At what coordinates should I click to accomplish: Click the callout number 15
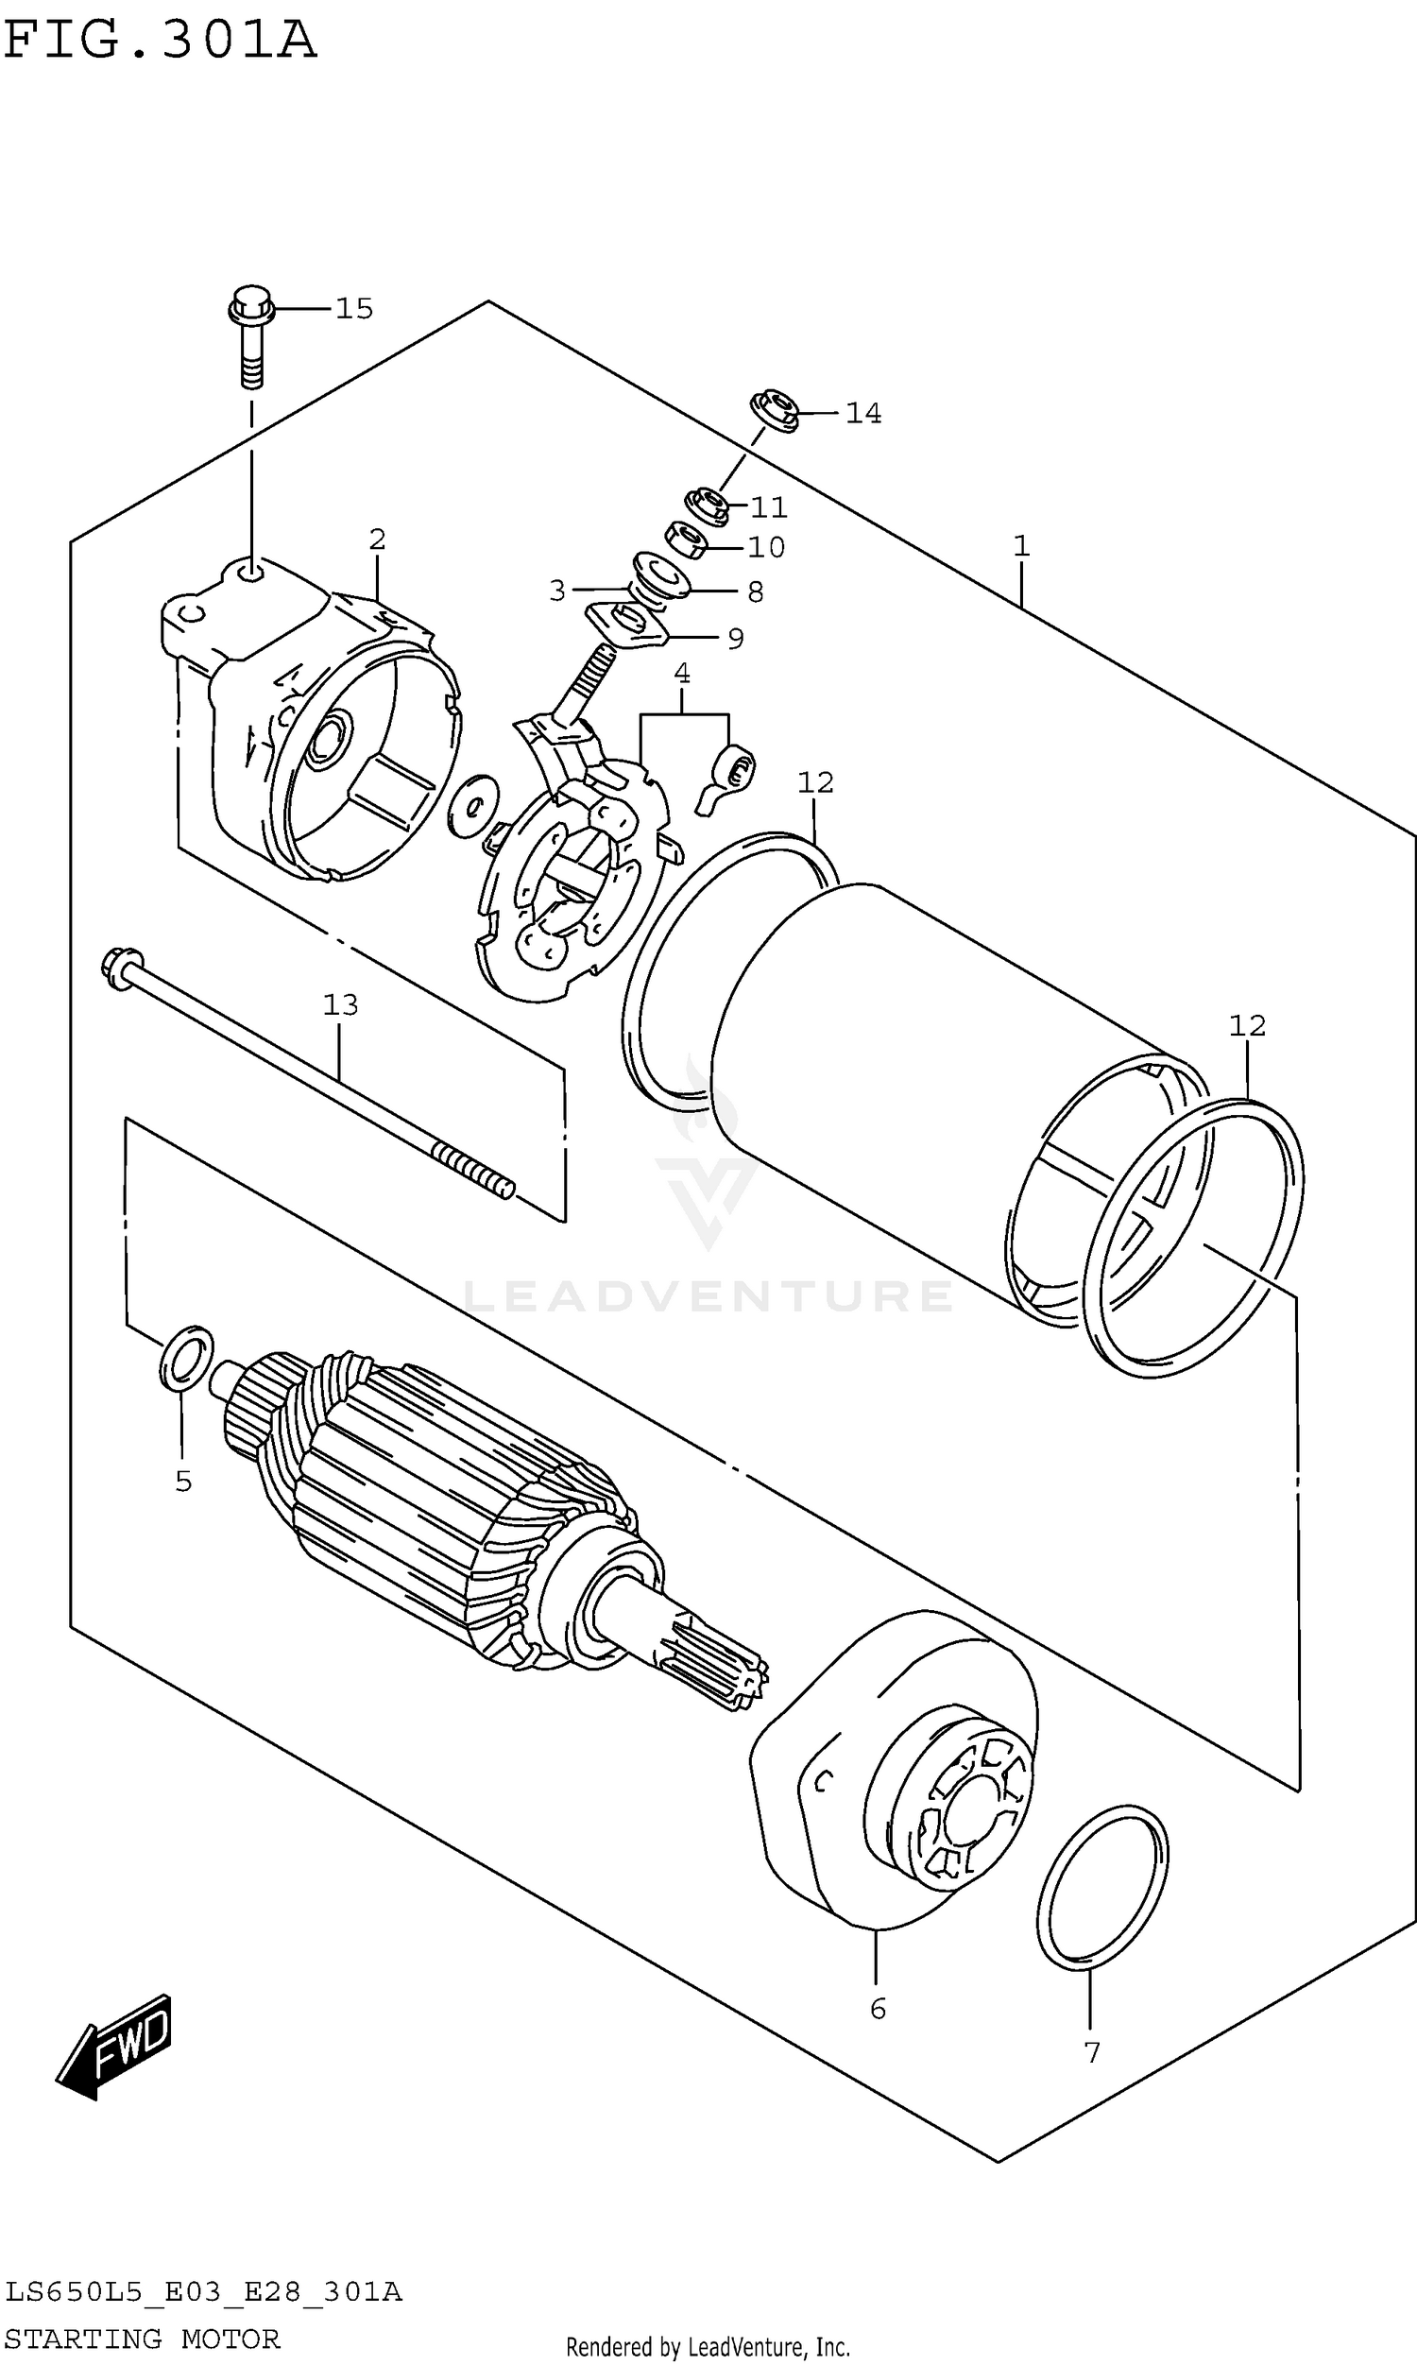353,308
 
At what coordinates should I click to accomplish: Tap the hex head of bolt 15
251,303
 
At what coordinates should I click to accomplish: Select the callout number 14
862,413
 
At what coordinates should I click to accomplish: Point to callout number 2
377,540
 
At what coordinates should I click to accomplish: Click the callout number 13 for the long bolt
340,1004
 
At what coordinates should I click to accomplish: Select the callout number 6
878,2010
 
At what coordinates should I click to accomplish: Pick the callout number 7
1092,2053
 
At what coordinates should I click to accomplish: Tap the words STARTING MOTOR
143,2339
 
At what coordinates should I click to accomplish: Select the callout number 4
682,674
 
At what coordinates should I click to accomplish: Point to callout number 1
1021,546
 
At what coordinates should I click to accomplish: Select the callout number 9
735,638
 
